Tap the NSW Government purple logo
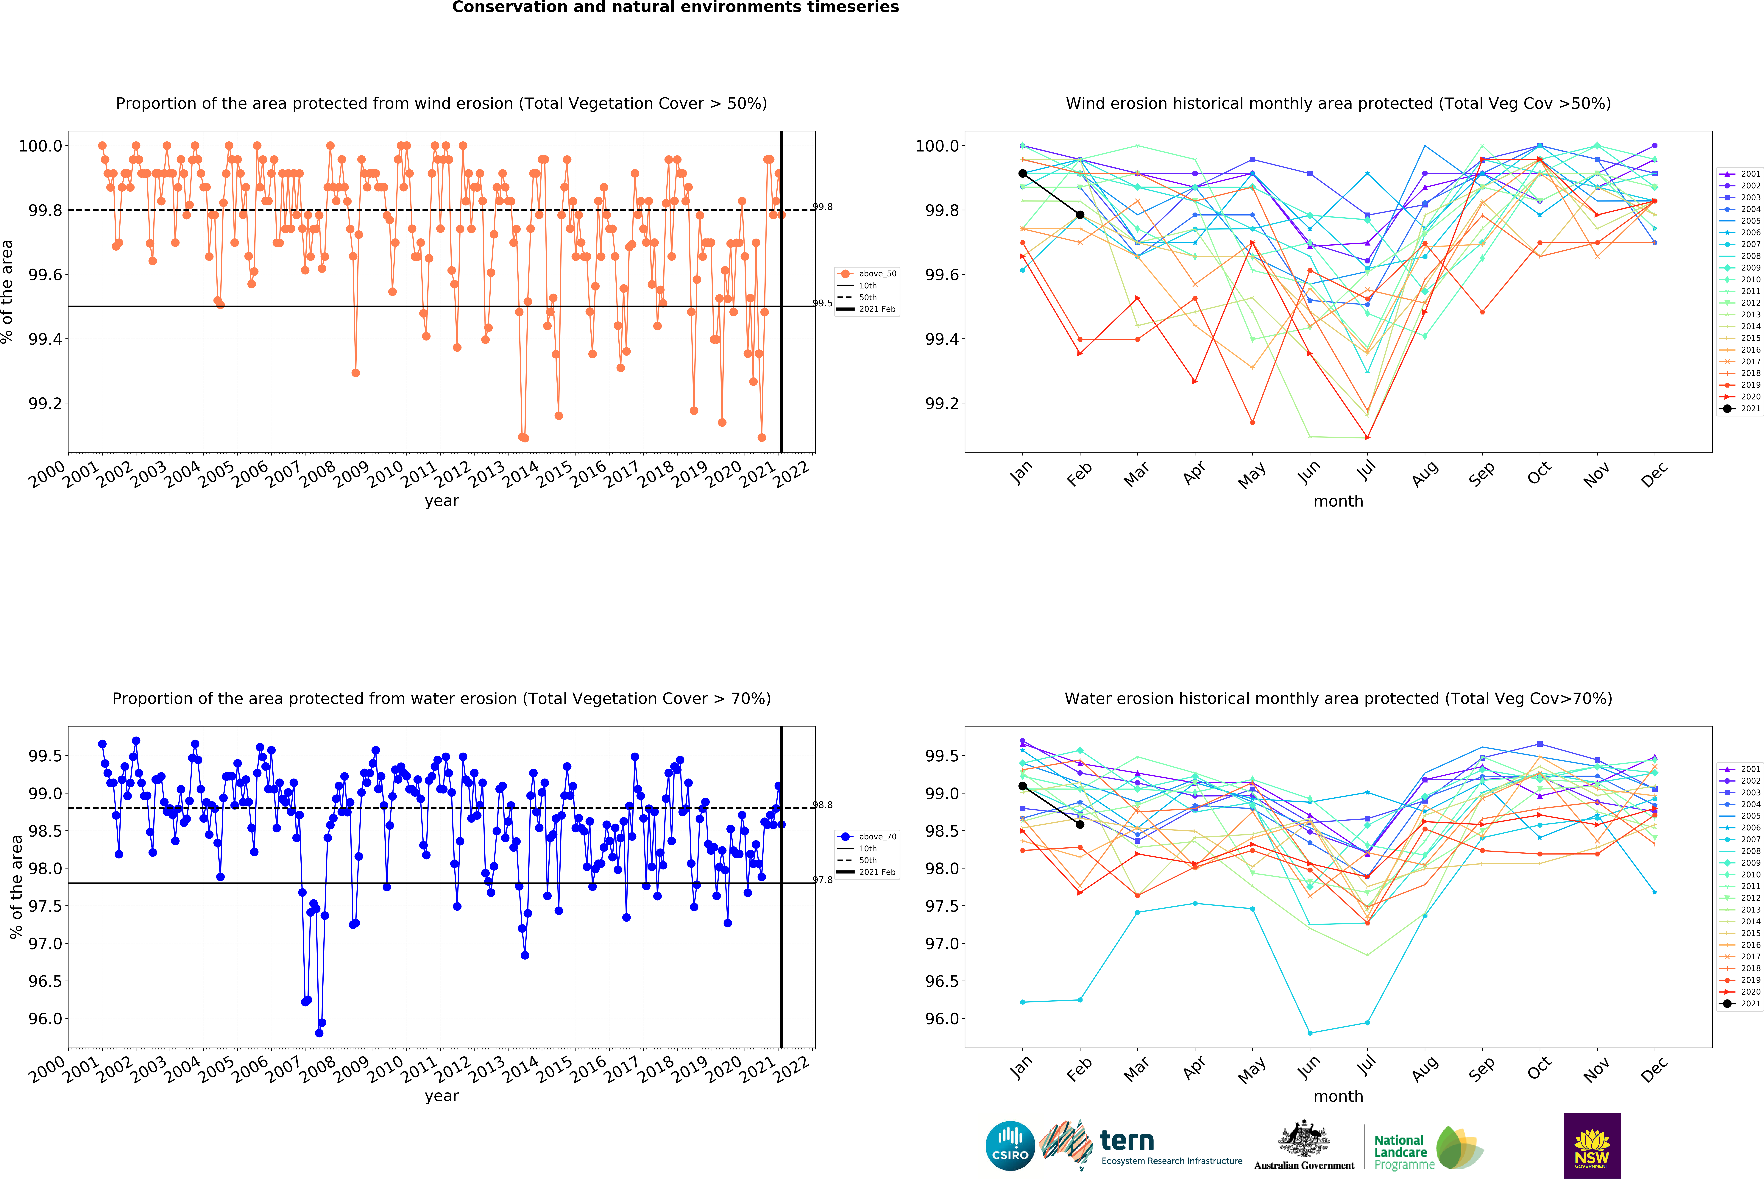(x=1592, y=1146)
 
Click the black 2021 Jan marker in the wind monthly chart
(x=1022, y=174)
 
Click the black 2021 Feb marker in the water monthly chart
(x=1080, y=825)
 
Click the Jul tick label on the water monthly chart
(x=1366, y=1066)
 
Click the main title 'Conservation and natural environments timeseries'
(x=676, y=8)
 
